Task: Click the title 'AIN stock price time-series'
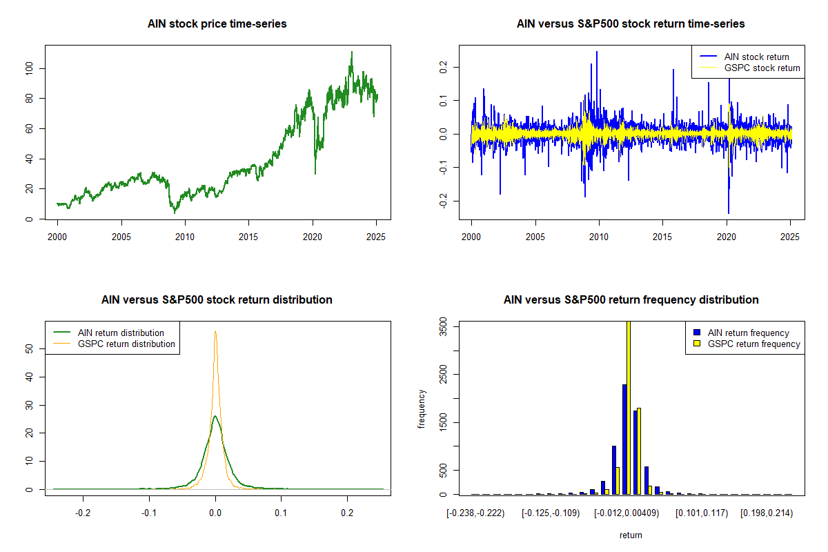(x=217, y=24)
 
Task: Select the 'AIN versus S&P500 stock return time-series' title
(x=631, y=24)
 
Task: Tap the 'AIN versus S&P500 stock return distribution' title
(x=217, y=300)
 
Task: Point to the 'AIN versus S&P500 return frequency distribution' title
(x=631, y=300)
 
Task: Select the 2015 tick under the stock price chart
(x=248, y=237)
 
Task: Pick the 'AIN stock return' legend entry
(x=756, y=57)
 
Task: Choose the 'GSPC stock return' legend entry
(x=762, y=68)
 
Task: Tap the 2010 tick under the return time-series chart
(x=599, y=237)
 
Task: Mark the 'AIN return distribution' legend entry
(x=121, y=333)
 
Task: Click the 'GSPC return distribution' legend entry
(x=126, y=344)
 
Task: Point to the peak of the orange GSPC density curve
(x=215, y=331)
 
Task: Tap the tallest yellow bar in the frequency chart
(x=629, y=407)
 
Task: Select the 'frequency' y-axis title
(x=422, y=408)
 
